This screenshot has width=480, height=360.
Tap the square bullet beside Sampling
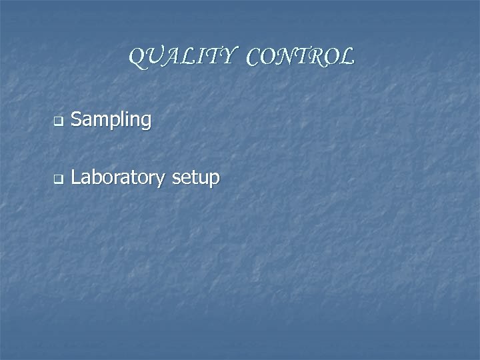tap(57, 122)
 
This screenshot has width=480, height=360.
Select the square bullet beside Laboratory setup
tap(57, 179)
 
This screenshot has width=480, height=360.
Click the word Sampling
tap(111, 121)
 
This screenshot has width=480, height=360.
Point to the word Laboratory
tap(119, 178)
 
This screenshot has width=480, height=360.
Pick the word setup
tap(195, 179)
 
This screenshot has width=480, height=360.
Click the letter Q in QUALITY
tap(136, 58)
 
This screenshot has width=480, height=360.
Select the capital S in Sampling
tap(76, 119)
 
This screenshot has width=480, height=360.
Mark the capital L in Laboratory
tap(75, 177)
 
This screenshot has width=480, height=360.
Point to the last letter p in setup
tap(214, 180)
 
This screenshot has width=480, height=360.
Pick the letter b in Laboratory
tap(95, 177)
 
